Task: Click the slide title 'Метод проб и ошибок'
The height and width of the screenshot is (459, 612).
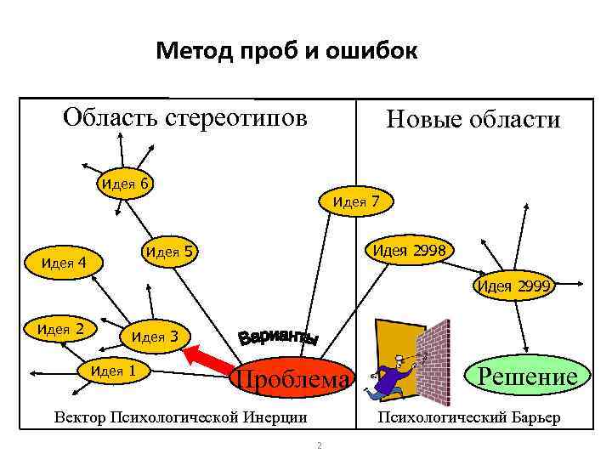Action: [x=286, y=53]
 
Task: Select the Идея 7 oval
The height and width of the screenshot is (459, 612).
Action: [x=355, y=201]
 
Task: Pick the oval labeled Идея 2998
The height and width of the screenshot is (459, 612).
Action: [x=408, y=250]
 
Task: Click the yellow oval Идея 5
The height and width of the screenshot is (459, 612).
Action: [x=169, y=252]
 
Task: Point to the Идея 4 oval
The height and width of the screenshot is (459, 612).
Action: [x=64, y=263]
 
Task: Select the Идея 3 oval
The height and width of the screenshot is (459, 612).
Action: [x=154, y=337]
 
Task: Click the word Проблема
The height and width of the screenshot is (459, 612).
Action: [x=292, y=380]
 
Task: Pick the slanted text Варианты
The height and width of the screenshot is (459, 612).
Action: [x=278, y=333]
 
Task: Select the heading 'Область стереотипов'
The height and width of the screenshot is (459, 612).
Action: [x=184, y=116]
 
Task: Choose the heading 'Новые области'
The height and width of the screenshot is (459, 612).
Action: [x=473, y=120]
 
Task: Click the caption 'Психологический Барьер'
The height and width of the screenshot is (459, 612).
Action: [x=468, y=418]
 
